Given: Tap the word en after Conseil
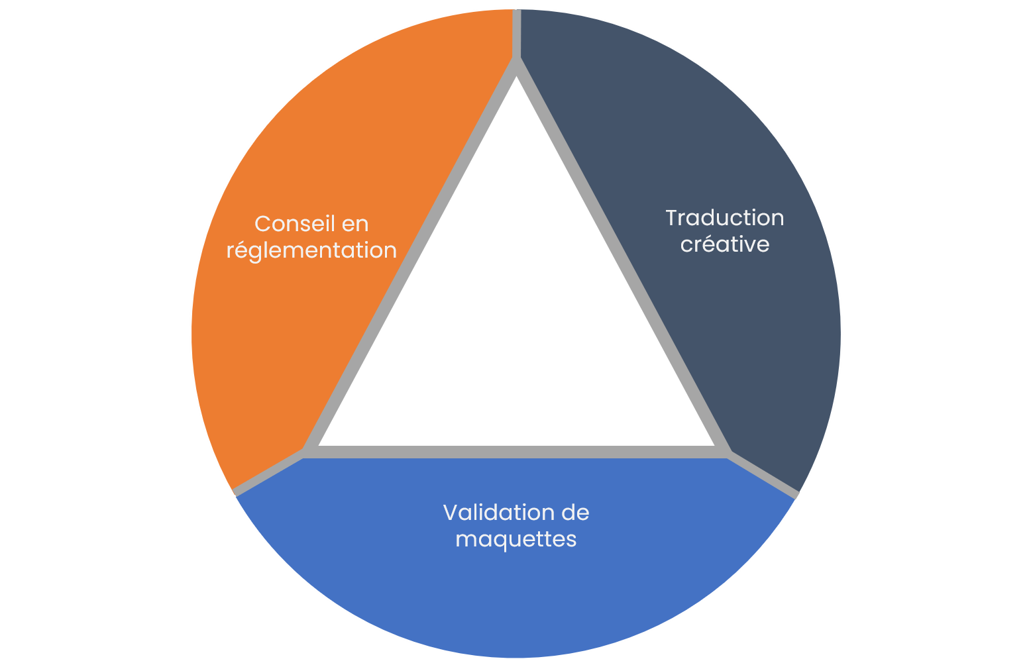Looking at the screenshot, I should [x=355, y=225].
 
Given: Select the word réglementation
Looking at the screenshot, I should [x=311, y=250].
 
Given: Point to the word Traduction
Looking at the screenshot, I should [x=724, y=218].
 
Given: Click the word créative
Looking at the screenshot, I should [x=724, y=244].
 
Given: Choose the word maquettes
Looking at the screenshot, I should [x=516, y=539].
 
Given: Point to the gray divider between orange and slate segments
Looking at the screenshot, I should [x=517, y=33].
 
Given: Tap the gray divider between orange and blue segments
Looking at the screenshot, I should [x=268, y=472].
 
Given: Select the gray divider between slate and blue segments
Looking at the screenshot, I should [x=764, y=474].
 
